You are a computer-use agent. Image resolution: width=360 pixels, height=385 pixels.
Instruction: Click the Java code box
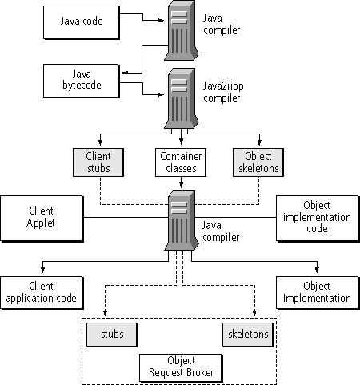[x=82, y=22]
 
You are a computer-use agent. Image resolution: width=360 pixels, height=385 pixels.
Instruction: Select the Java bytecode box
[x=82, y=81]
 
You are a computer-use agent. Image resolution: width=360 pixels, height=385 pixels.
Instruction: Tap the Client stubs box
[x=98, y=162]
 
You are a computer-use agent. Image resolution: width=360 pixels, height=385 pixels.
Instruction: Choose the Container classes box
[x=181, y=162]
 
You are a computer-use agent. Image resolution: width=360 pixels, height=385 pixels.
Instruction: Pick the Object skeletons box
[x=258, y=162]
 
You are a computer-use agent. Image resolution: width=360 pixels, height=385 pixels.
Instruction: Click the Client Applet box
[x=42, y=219]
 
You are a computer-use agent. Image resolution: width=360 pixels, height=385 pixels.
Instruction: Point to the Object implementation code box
[x=318, y=219]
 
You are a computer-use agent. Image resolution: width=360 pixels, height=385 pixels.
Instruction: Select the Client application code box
[x=42, y=293]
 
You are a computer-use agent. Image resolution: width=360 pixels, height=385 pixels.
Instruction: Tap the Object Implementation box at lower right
[x=318, y=293]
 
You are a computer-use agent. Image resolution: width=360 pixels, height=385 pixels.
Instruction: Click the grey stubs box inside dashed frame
[x=112, y=335]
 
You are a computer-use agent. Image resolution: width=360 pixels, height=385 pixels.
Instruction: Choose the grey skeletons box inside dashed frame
[x=248, y=335]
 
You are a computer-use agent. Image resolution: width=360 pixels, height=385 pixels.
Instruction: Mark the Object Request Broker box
[x=181, y=368]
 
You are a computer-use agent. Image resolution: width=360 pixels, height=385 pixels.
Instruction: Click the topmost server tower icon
[x=182, y=31]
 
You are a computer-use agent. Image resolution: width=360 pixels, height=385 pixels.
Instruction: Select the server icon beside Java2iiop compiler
[x=182, y=98]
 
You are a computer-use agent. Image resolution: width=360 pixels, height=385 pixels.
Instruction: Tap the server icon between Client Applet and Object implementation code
[x=182, y=221]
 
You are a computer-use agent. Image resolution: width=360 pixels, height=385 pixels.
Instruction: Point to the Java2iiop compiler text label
[x=223, y=92]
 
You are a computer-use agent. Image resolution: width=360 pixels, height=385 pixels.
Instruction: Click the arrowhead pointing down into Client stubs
[x=100, y=142]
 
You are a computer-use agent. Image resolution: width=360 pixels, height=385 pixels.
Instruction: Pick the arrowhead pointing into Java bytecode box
[x=125, y=73]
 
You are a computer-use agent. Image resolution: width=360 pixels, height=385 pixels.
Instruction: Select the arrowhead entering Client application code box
[x=42, y=269]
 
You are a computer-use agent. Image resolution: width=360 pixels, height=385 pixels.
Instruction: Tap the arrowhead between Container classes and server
[x=182, y=184]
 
